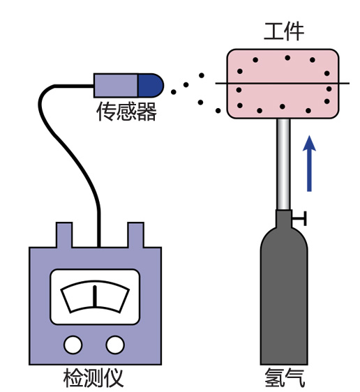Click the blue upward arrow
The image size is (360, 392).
(x=310, y=164)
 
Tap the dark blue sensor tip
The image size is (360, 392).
(x=150, y=85)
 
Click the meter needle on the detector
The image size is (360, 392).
(x=93, y=297)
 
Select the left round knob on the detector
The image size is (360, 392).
(x=72, y=345)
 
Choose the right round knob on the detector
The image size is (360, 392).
(x=115, y=345)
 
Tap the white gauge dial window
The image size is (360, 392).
(x=93, y=299)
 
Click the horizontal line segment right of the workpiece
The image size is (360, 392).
(x=344, y=84)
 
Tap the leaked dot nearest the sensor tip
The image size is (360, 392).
(x=174, y=87)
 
